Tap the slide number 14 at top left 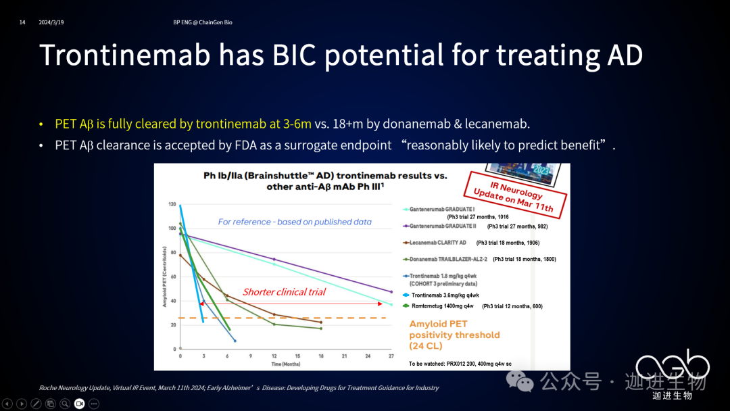pos(22,22)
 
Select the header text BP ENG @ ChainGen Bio pos(203,22)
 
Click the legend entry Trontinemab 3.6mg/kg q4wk pos(445,295)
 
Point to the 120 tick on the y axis pos(172,204)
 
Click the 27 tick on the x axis pos(391,356)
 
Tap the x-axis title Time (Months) pos(285,364)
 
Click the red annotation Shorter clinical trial pos(284,292)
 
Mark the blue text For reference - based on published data pos(295,222)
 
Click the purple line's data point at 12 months pos(274,260)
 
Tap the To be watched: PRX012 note pos(460,364)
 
